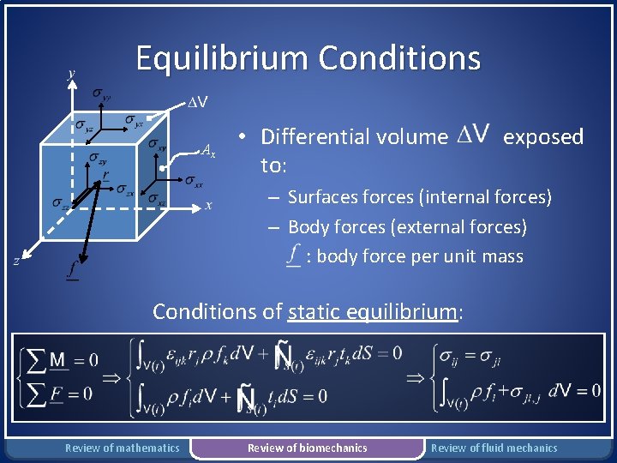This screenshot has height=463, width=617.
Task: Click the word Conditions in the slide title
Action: click(x=399, y=58)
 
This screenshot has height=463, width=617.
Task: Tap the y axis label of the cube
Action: click(x=71, y=74)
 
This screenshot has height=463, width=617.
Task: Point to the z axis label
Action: click(x=17, y=261)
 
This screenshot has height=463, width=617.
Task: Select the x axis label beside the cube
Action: click(x=208, y=205)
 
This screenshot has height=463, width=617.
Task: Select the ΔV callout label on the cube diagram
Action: click(x=198, y=104)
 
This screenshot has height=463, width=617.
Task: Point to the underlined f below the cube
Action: click(x=72, y=271)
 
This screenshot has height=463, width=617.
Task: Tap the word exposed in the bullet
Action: click(x=543, y=136)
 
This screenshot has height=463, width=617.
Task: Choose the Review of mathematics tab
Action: click(x=123, y=448)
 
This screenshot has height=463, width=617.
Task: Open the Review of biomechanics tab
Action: click(x=307, y=448)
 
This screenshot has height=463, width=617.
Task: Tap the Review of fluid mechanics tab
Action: click(x=494, y=448)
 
